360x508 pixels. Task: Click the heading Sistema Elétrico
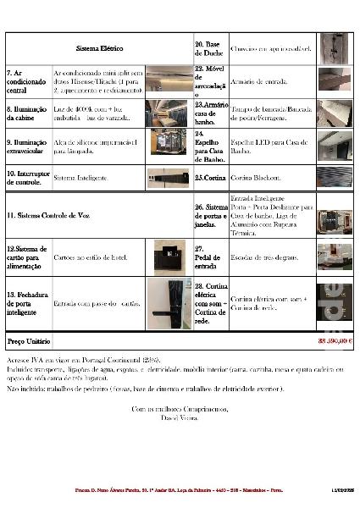coord(100,48)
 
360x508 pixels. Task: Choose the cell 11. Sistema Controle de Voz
coord(47,217)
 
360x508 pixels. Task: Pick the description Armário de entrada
coord(258,81)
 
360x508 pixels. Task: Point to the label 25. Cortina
coord(209,178)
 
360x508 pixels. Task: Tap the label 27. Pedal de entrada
coord(208,255)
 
